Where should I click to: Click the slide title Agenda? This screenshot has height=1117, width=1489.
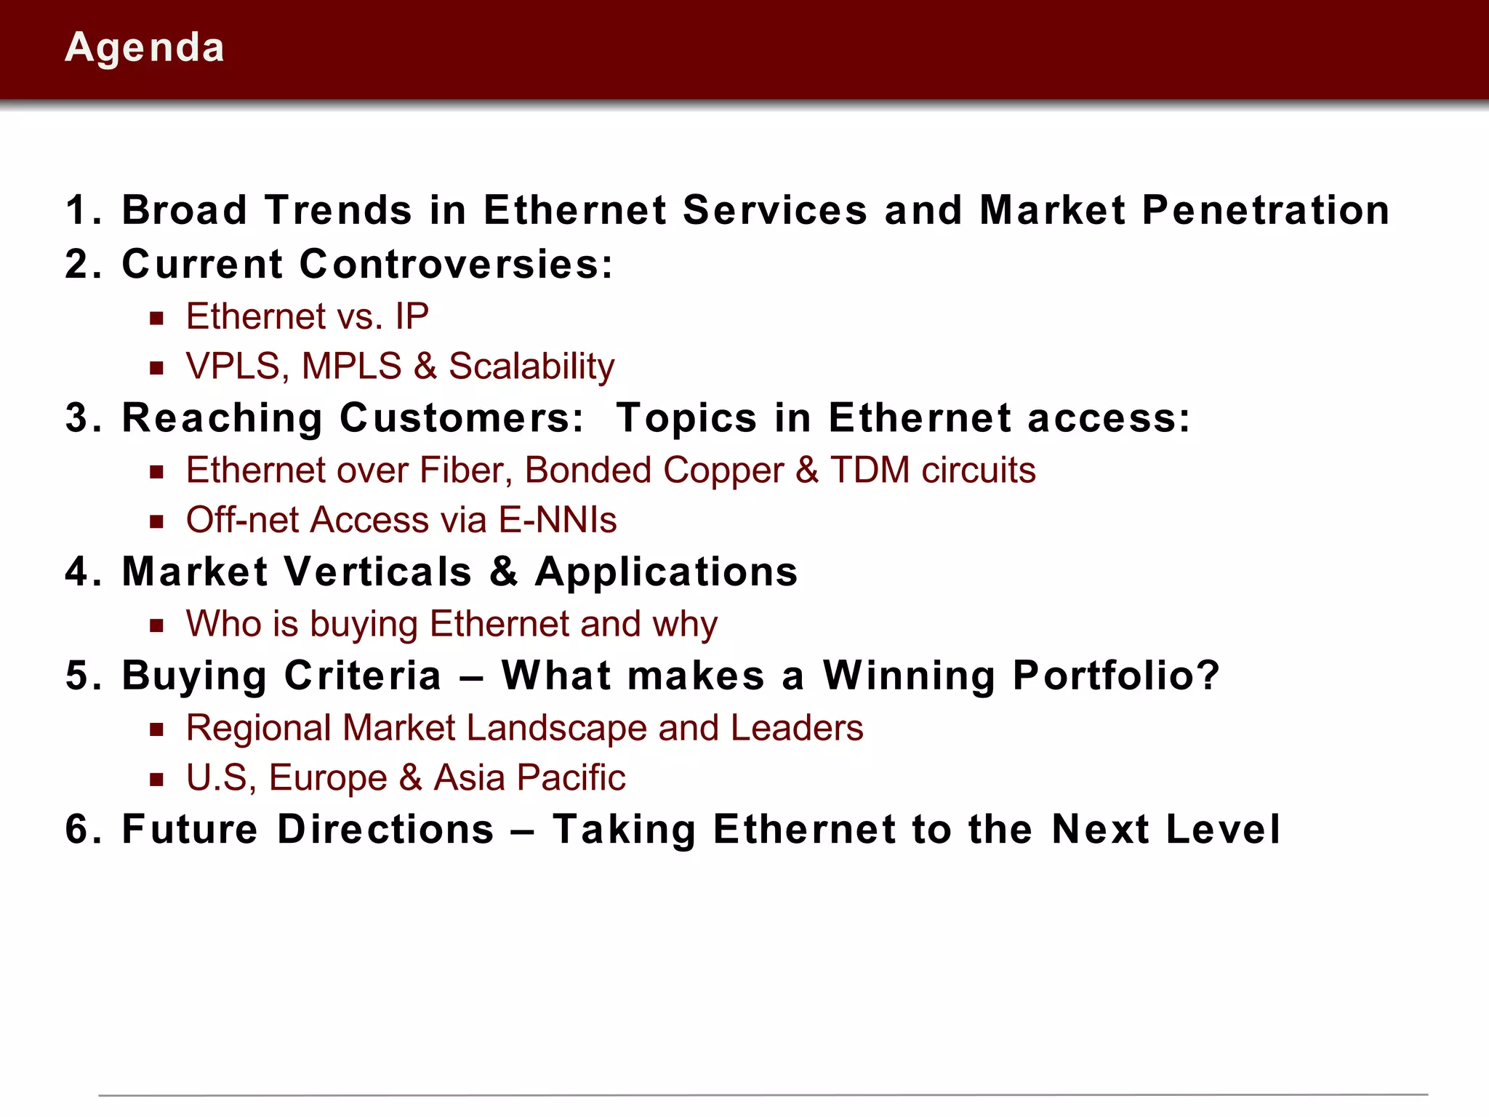click(145, 48)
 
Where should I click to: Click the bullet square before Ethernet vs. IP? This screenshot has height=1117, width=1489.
click(156, 318)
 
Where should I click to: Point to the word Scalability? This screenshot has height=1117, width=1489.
click(531, 366)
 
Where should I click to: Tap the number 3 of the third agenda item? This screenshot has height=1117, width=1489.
click(77, 418)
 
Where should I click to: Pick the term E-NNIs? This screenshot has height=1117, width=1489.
click(558, 520)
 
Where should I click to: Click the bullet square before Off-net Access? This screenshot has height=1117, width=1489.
click(156, 521)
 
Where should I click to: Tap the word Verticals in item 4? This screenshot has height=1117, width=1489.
click(378, 572)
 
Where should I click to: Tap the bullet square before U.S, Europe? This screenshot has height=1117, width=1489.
click(156, 780)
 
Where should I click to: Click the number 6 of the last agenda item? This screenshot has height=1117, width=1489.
click(77, 830)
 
